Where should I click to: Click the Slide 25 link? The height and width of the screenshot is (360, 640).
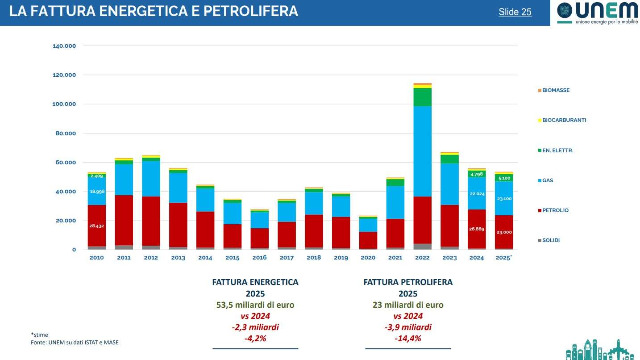(515, 12)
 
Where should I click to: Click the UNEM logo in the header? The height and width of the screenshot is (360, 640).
(597, 13)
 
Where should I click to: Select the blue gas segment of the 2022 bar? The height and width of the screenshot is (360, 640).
(422, 151)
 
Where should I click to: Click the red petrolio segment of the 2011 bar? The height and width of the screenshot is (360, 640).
(124, 220)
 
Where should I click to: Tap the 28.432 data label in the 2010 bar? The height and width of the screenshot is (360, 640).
(96, 226)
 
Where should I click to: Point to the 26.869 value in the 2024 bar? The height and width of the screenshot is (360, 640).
(477, 229)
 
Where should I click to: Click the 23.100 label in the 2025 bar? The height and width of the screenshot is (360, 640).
(503, 198)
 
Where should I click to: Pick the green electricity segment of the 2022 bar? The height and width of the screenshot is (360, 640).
(422, 97)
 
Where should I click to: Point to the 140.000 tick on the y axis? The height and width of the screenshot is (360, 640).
(64, 46)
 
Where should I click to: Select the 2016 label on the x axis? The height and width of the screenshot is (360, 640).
(259, 258)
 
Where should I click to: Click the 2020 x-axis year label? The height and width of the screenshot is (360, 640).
(368, 258)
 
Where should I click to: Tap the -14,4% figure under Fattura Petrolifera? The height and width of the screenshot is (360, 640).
(408, 339)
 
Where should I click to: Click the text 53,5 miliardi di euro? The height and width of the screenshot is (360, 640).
(255, 305)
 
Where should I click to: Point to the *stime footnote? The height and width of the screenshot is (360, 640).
(39, 335)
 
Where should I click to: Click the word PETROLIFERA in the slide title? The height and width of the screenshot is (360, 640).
(250, 12)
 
